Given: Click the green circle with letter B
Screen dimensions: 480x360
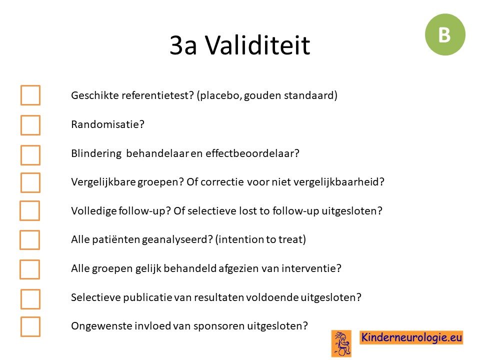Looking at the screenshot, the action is [x=445, y=34].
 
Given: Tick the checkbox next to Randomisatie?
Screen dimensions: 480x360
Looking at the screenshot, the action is [x=30, y=125].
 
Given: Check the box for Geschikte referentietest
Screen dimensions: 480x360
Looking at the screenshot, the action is [x=30, y=95].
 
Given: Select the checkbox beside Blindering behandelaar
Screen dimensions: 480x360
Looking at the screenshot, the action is [x=30, y=155].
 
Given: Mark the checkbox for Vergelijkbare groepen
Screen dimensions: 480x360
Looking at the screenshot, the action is [x=30, y=182].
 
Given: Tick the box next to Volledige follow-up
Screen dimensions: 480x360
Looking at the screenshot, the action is [x=29, y=210].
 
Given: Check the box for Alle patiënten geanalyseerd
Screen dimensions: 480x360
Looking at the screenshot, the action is [x=29, y=240].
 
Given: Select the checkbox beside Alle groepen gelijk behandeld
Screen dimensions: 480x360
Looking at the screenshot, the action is [x=29, y=269].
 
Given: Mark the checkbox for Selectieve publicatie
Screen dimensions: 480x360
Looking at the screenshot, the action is [x=30, y=299].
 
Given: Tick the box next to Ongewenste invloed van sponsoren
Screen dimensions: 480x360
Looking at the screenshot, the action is [x=30, y=326].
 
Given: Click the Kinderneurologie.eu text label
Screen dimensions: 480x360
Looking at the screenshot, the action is [x=411, y=337].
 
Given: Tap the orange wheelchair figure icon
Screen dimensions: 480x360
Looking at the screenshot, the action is [x=341, y=343].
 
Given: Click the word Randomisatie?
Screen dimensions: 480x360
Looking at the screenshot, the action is [x=107, y=124].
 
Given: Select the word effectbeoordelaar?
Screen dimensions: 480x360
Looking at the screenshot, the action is [x=252, y=153].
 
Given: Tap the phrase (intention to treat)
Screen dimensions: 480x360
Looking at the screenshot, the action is [x=260, y=239].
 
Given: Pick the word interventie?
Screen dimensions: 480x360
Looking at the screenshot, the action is [x=311, y=268].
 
